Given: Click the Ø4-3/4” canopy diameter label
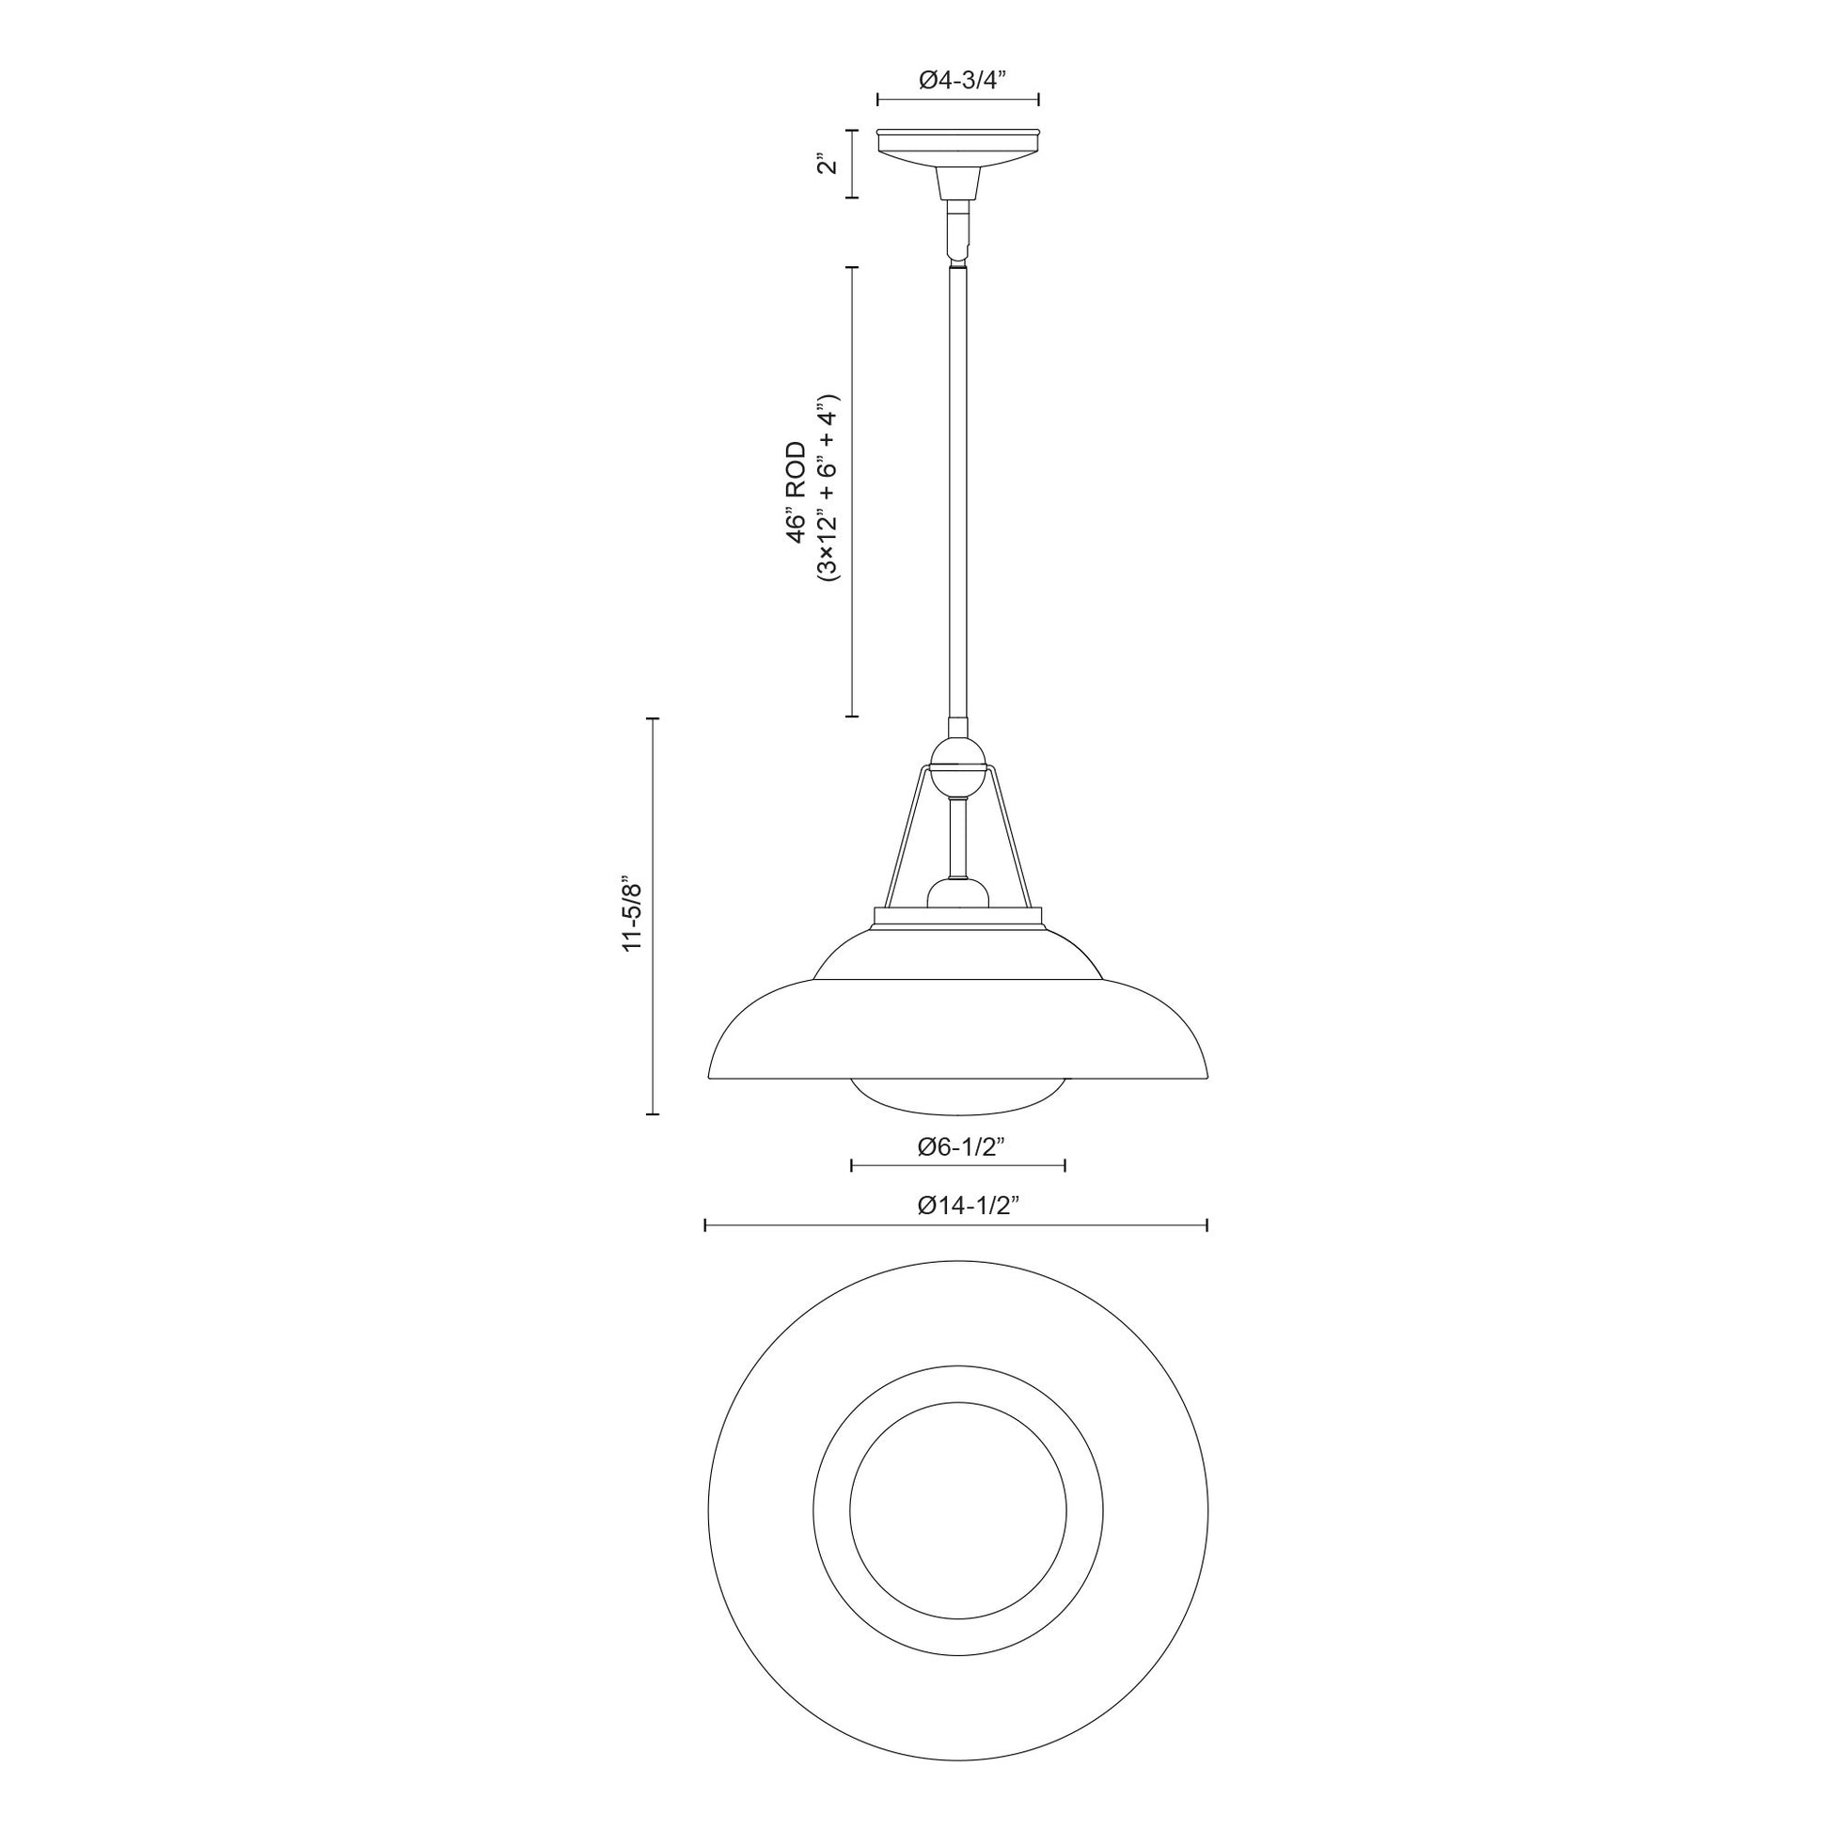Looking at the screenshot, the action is [x=959, y=82].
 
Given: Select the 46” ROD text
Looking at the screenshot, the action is [x=797, y=492].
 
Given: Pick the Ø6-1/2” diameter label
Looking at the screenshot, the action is [x=959, y=1148].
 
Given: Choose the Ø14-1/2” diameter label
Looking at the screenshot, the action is [x=959, y=1206].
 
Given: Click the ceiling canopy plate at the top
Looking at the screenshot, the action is [x=958, y=148].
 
